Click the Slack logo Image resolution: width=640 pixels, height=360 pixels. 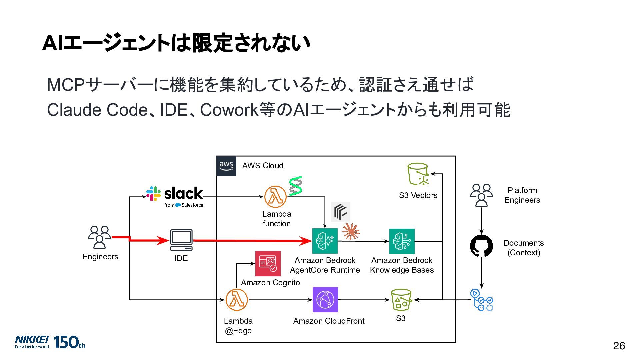point(175,197)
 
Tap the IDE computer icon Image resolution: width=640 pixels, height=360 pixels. point(181,240)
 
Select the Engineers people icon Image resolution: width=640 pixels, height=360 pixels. point(99,237)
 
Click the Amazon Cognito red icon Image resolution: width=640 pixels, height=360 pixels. point(268,264)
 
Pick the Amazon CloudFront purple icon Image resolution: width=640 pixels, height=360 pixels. point(325,300)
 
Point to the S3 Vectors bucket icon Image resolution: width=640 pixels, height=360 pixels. point(418,174)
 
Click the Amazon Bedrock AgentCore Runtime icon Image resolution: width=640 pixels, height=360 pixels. point(325,241)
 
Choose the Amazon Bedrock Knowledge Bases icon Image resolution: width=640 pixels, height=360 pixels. point(402,241)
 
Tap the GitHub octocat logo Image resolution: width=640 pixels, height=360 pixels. point(481,246)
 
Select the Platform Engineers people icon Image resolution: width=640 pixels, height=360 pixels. point(481,195)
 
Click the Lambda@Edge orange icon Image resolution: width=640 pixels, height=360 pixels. point(237,300)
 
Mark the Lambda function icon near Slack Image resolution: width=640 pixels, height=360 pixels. point(275,197)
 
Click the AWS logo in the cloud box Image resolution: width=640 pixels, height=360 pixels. point(226,166)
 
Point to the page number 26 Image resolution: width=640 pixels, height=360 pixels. point(619,346)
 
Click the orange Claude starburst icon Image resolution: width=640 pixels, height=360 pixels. point(351,232)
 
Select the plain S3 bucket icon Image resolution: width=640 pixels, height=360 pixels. point(401,300)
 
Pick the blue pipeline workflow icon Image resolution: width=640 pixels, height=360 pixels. point(482,300)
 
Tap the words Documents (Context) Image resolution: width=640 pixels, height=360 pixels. point(524,248)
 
